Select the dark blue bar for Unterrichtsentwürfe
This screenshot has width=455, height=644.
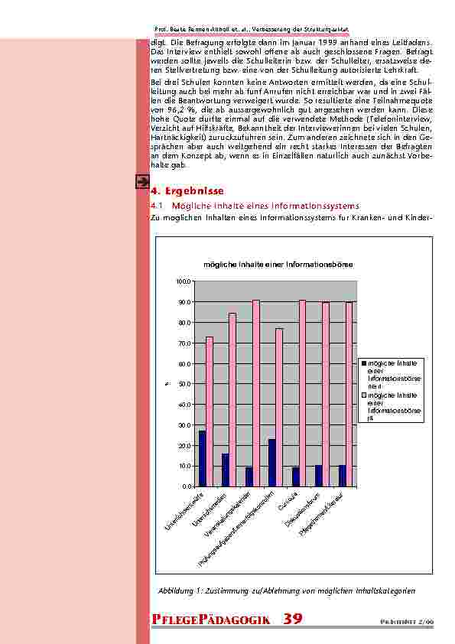tap(202, 458)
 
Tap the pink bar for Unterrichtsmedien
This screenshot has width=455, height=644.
tap(232, 399)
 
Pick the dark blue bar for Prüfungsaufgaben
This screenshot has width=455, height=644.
tap(271, 462)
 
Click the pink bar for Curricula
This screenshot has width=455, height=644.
tap(302, 392)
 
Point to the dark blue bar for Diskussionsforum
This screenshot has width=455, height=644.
tap(318, 475)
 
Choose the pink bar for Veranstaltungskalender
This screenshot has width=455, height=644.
tap(256, 392)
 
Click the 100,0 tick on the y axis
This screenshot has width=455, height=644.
tap(184, 281)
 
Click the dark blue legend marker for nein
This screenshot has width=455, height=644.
tap(365, 363)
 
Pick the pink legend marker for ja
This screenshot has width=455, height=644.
tap(365, 395)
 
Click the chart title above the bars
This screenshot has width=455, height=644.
tap(278, 265)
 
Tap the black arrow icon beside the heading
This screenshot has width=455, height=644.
tap(141, 181)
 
